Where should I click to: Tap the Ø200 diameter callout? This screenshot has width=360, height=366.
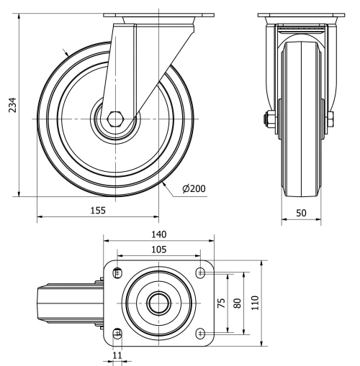pos(194,188)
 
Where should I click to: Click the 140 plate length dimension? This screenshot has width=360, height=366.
pos(158,234)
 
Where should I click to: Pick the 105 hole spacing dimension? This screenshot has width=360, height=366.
pos(158,250)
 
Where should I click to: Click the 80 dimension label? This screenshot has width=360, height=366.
pos(238,303)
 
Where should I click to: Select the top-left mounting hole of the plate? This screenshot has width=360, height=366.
pos(117,272)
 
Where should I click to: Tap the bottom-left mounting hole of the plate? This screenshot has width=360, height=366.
pos(117,333)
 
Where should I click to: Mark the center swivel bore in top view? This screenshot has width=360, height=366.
pos(158,303)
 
